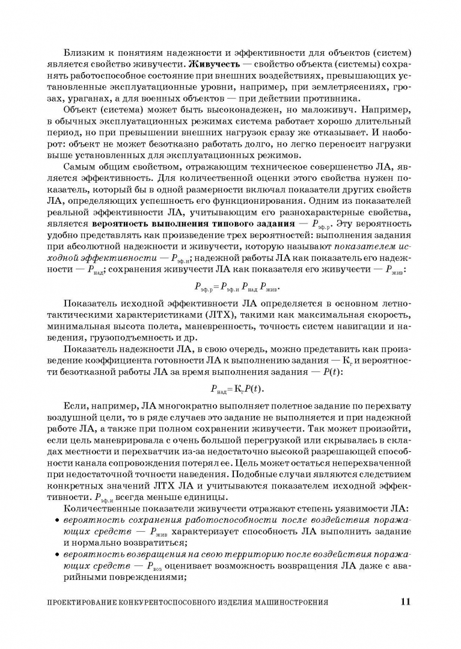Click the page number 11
click(405, 601)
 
